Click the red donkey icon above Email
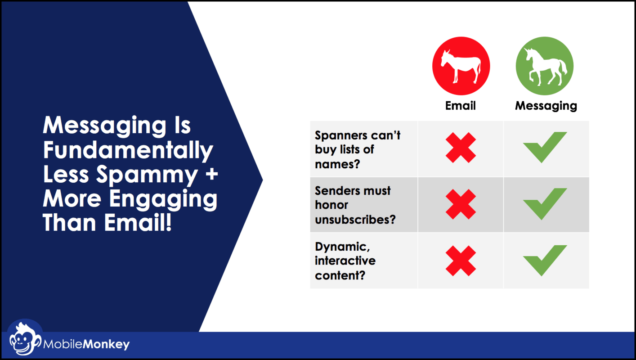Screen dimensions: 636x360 pos(461,66)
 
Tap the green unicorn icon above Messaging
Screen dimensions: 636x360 pos(545,66)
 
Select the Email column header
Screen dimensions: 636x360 pos(460,106)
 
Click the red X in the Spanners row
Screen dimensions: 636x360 pos(461,148)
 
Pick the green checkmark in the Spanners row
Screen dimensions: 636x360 pos(545,147)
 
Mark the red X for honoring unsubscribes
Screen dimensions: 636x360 pos(461,204)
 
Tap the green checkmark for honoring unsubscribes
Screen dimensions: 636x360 pos(545,204)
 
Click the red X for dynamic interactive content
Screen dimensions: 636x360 pos(461,261)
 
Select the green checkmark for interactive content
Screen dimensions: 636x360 pos(545,261)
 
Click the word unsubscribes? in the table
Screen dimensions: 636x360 pos(355,220)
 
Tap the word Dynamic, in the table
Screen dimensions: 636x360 pos(342,247)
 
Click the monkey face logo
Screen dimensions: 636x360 pos(24,339)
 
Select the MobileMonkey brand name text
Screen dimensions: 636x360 pos(86,344)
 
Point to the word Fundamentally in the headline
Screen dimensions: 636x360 pos(128,151)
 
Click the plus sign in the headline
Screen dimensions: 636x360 pos(212,174)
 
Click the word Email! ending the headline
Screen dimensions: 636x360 pos(138,222)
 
